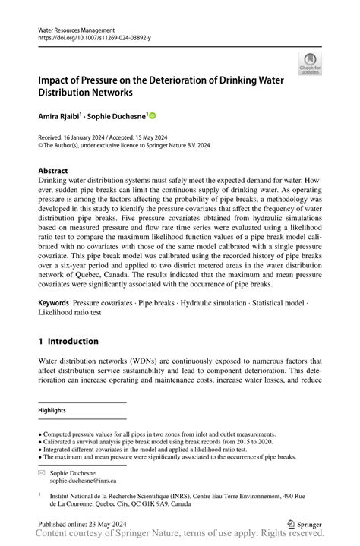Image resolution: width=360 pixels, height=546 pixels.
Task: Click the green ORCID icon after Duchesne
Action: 153,116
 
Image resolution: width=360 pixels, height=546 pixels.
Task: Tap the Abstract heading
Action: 53,171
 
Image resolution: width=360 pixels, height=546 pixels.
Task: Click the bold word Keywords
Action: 54,302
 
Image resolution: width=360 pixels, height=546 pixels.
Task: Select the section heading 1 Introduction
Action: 68,341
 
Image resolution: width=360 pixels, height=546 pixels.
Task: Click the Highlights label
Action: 52,410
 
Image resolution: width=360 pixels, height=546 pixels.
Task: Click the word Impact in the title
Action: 55,78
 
